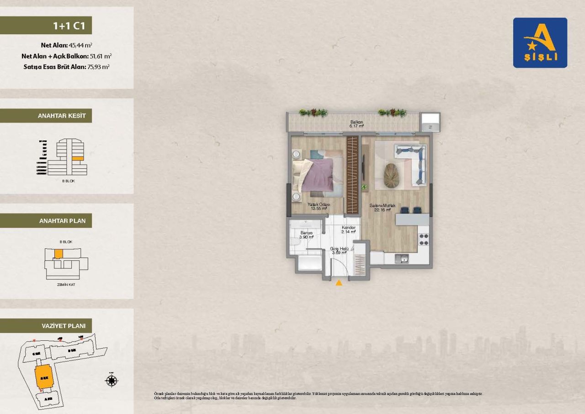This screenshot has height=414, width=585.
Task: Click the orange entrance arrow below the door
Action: [x=339, y=283]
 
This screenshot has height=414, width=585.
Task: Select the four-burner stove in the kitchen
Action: [x=423, y=239]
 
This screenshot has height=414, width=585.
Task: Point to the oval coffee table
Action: [x=392, y=175]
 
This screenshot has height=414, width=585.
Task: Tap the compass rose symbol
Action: [x=112, y=380]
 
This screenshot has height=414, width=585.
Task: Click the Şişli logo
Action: [x=540, y=43]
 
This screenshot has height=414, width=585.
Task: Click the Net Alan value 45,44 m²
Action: [x=80, y=45]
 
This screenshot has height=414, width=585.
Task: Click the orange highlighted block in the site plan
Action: [x=44, y=377]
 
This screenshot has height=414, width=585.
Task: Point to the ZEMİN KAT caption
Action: [x=66, y=285]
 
